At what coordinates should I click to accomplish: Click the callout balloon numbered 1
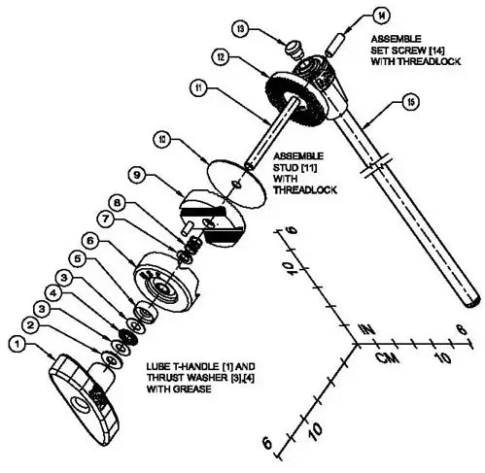click(16, 342)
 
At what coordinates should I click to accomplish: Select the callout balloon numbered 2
click(31, 324)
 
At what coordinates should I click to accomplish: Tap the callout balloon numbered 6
click(89, 238)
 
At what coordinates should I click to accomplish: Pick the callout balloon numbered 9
click(136, 176)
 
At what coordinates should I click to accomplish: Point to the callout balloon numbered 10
click(162, 139)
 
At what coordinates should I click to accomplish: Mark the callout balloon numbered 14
click(382, 16)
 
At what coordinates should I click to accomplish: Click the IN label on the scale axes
click(366, 328)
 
